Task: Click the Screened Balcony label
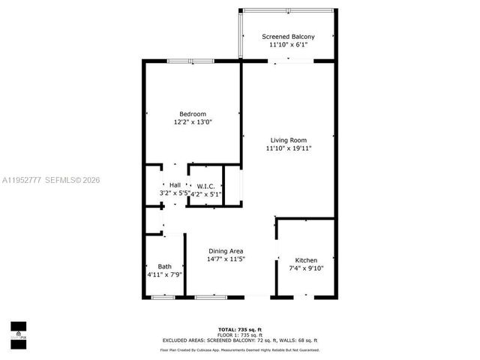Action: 287,37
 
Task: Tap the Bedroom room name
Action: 192,114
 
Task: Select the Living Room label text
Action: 288,140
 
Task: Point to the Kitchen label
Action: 305,260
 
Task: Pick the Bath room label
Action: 164,266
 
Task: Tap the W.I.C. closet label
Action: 204,185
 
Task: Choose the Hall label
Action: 175,184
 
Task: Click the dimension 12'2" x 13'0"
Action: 193,122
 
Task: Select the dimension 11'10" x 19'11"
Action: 288,148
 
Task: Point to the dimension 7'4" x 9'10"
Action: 305,268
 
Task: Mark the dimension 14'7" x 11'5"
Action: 226,259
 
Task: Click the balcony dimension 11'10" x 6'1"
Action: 288,45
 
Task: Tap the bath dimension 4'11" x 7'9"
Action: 164,274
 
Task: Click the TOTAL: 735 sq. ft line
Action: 240,330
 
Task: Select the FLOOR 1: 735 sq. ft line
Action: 240,336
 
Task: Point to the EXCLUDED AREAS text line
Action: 240,342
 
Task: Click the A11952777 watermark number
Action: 21,180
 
